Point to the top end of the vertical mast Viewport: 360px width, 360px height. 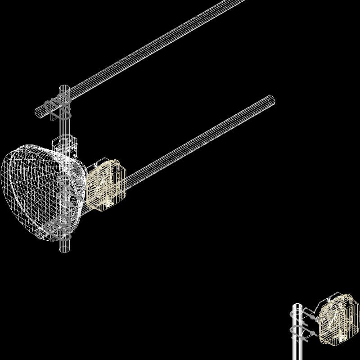tap(64, 86)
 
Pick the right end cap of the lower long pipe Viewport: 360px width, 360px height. tap(270, 100)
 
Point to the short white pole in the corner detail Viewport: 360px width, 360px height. tap(297, 346)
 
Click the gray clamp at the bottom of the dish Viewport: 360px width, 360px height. tap(56, 227)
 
